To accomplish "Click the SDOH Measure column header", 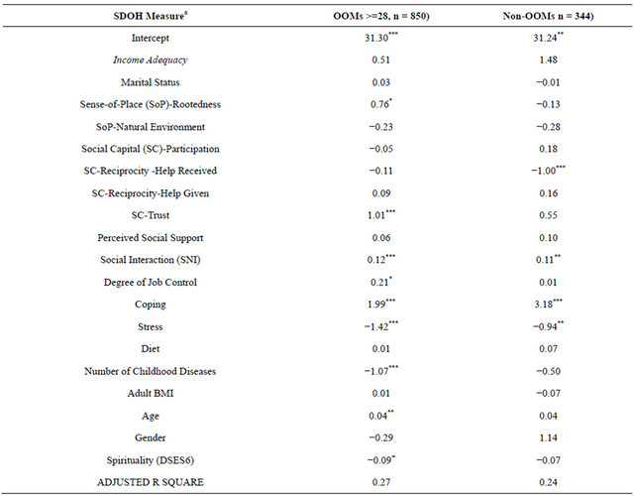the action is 150,16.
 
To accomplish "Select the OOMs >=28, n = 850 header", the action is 380,16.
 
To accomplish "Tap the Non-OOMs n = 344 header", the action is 548,16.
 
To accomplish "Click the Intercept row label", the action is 150,38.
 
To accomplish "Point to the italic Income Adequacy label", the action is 150,60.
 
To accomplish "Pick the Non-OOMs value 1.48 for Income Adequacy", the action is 548,60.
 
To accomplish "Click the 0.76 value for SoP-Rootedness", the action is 381,104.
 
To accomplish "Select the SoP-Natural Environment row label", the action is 150,127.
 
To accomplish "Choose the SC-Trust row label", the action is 150,215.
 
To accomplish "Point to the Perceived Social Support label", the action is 150,238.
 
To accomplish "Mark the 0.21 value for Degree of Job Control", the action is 381,282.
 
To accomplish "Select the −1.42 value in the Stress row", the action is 380,326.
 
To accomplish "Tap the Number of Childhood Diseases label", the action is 150,371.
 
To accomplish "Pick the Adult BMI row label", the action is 150,393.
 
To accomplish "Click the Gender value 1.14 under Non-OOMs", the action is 548,437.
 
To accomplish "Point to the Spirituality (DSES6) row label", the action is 150,460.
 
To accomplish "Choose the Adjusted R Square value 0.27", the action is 380,482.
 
